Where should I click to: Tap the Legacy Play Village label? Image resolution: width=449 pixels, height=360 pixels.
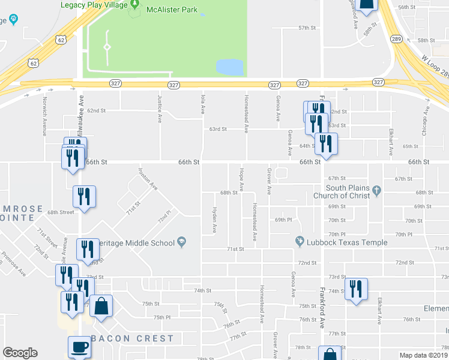coord(94,5)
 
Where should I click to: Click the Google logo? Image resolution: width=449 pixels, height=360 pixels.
coord(20,353)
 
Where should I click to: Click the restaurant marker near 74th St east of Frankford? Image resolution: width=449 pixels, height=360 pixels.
coord(357,289)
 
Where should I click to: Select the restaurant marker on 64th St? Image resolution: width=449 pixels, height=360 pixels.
coord(326,144)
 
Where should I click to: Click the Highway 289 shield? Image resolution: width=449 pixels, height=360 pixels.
coord(396,38)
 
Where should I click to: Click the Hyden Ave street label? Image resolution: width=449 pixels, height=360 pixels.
coord(214,220)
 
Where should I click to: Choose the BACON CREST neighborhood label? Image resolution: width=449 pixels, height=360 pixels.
coord(131,339)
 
